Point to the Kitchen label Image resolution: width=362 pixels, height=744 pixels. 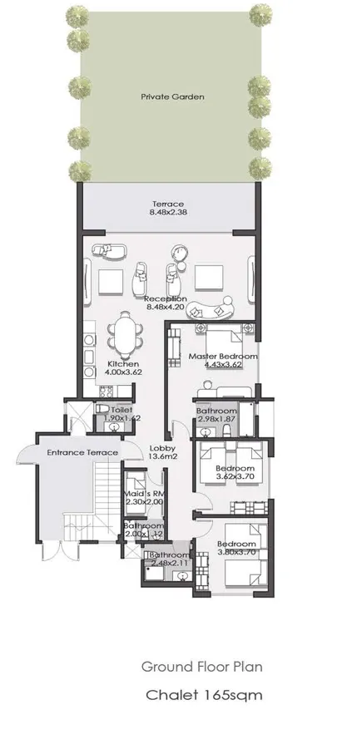[x=123, y=364]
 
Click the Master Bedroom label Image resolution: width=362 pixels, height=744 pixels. [x=222, y=356]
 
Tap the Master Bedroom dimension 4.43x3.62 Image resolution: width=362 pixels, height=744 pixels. [x=222, y=365]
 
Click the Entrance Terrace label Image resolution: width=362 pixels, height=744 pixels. [x=82, y=452]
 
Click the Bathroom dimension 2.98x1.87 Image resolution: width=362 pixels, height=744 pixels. [x=216, y=421]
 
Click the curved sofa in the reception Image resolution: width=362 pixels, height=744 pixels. [x=211, y=309]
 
